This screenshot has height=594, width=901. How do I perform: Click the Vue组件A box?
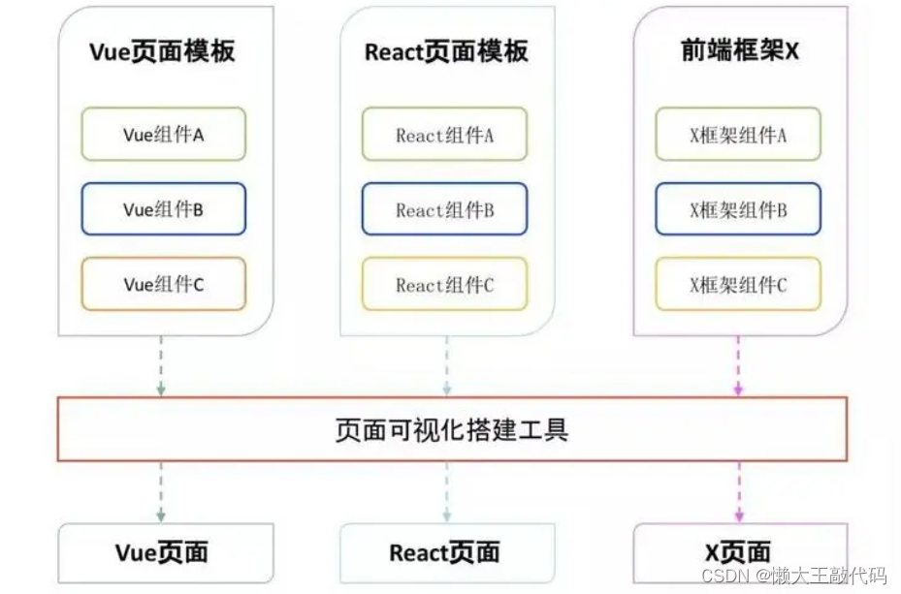[x=163, y=134]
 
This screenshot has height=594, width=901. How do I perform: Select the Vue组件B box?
[x=163, y=209]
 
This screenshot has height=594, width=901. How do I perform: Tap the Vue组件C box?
[x=163, y=284]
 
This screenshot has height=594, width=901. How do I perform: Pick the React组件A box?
[x=444, y=134]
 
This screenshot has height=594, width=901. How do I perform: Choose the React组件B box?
[x=444, y=209]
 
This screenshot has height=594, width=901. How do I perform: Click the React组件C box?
[x=444, y=284]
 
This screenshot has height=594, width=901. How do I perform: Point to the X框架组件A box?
[x=738, y=134]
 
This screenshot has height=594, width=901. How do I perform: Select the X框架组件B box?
[x=738, y=209]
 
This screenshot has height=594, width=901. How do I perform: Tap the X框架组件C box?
[x=738, y=284]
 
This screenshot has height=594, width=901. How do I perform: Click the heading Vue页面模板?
[x=162, y=51]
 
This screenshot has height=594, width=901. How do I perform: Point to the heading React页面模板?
[x=446, y=51]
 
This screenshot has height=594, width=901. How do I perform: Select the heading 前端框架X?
[x=740, y=50]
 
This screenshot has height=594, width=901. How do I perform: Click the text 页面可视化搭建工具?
[x=452, y=430]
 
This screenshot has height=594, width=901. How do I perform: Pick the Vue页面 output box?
[x=166, y=552]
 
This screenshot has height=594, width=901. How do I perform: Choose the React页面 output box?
[x=447, y=552]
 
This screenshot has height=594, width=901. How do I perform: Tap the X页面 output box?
[x=740, y=552]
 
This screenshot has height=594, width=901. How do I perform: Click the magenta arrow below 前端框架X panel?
[x=738, y=365]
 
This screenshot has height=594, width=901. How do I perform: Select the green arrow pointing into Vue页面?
[x=161, y=492]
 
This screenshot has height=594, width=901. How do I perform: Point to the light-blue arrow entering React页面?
[x=447, y=492]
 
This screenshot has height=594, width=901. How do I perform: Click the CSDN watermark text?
[x=793, y=576]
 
